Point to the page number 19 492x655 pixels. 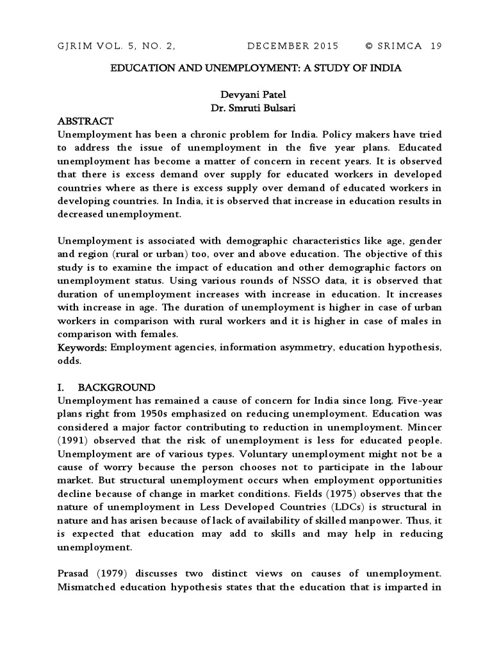pyautogui.click(x=436, y=46)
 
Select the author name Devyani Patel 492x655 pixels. pyautogui.click(x=247, y=95)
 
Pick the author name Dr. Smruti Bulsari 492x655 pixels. pyautogui.click(x=247, y=108)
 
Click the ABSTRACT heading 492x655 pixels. pyautogui.click(x=85, y=121)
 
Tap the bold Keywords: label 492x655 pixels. pyautogui.click(x=82, y=347)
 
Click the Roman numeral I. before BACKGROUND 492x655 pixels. pyautogui.click(x=61, y=388)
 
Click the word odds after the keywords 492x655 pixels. pyautogui.click(x=69, y=361)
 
